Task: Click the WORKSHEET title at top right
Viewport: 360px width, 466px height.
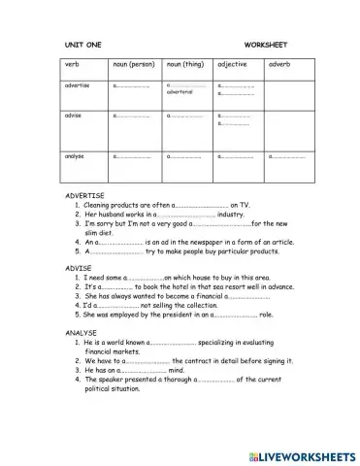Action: pyautogui.click(x=265, y=45)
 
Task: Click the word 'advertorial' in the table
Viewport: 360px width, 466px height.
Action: pyautogui.click(x=180, y=92)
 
